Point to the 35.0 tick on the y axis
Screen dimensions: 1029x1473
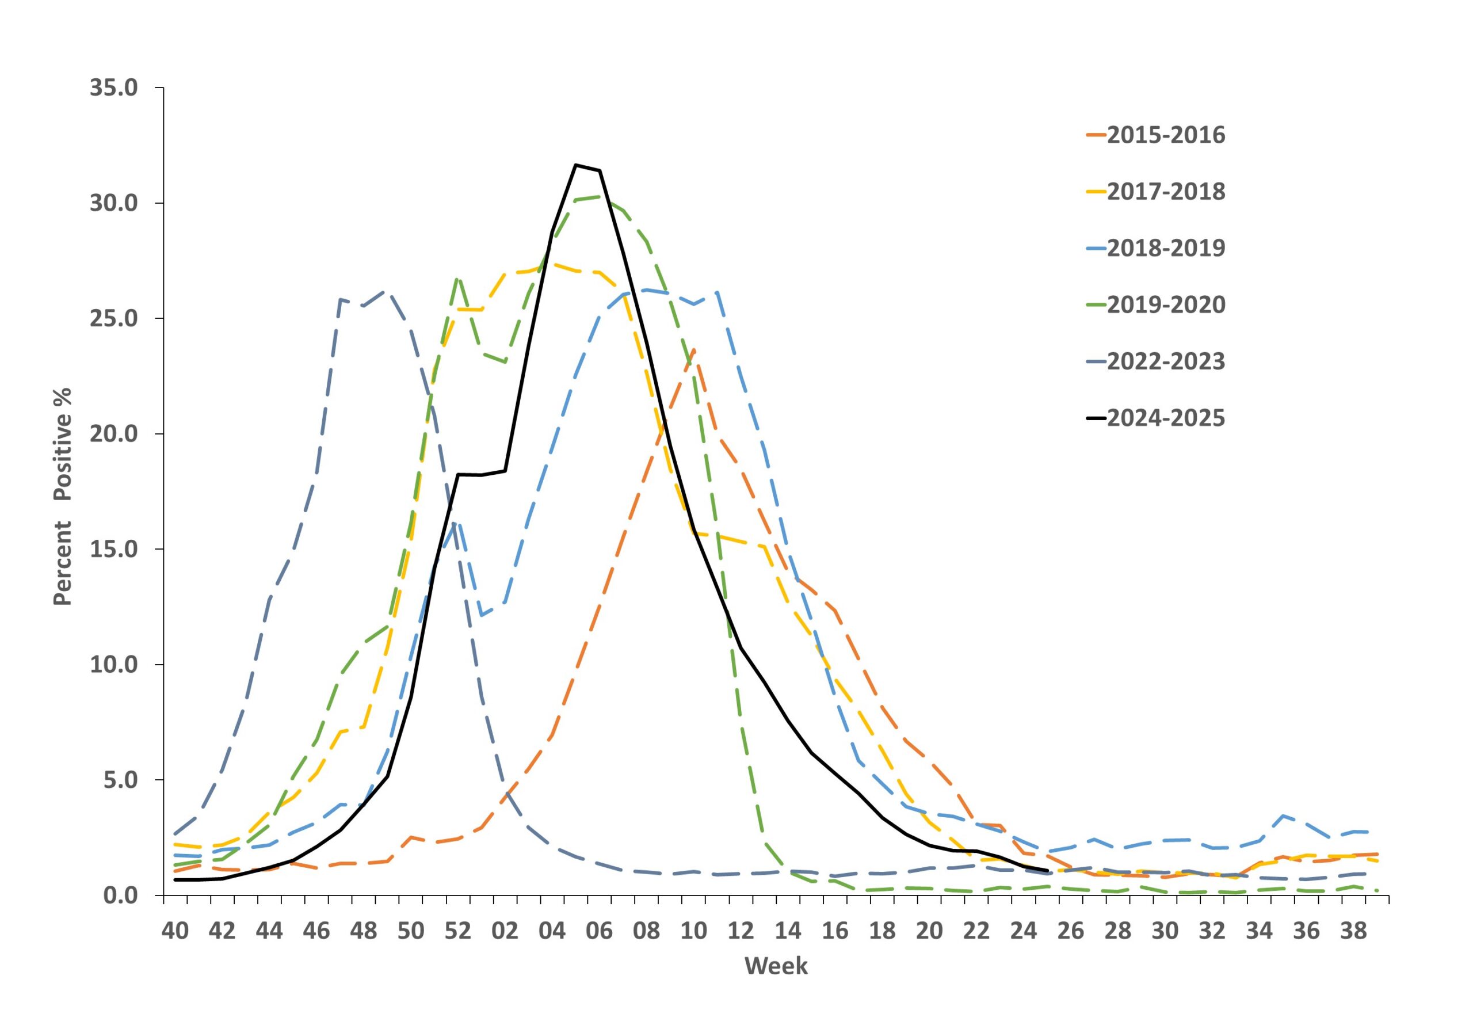[x=113, y=88]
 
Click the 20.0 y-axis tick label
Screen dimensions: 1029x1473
[x=113, y=435]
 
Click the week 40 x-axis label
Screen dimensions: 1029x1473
[x=175, y=931]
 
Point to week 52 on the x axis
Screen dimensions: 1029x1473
[x=458, y=931]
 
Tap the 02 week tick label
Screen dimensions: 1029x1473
[x=505, y=931]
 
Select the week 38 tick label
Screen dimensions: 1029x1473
[x=1354, y=931]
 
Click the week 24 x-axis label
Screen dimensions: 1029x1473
[x=1023, y=931]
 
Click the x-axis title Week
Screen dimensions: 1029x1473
[x=776, y=966]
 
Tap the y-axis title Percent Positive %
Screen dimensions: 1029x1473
[x=63, y=497]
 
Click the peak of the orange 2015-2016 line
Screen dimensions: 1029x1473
[x=694, y=350]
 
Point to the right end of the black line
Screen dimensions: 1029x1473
[x=1047, y=871]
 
